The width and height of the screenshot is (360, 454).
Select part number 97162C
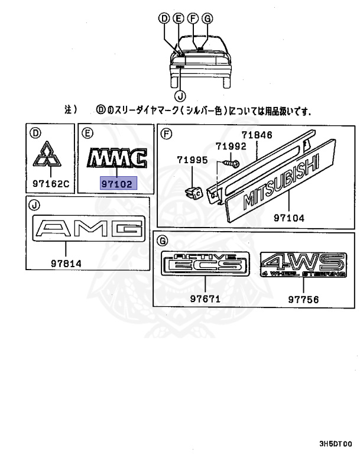pos(51,184)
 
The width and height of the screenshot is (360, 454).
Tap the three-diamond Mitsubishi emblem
pos(51,156)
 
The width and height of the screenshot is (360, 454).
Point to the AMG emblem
pos(88,228)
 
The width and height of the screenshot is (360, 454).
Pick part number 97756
pos(303,299)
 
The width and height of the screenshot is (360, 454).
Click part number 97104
pos(289,218)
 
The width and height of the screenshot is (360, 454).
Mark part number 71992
pos(229,146)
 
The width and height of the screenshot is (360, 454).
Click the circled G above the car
pos(206,18)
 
